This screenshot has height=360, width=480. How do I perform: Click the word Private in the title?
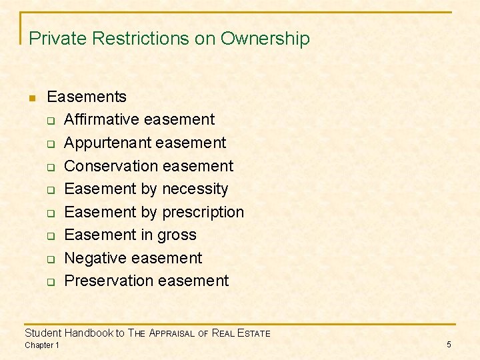[58, 39]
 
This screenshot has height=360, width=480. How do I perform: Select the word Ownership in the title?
[265, 39]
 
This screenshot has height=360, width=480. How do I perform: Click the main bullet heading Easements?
[87, 97]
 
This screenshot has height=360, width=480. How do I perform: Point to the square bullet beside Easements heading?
[32, 98]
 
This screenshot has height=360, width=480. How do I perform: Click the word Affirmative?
[102, 120]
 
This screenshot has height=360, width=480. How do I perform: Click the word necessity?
[195, 189]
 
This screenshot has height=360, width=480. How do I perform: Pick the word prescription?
[203, 212]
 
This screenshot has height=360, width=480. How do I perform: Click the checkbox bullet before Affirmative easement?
[51, 121]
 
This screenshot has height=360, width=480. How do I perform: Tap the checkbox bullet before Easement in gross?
[51, 236]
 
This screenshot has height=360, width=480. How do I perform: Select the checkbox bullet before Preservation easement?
[51, 282]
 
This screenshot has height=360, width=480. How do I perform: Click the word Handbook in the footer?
[89, 333]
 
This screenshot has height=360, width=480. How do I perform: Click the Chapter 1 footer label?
[41, 345]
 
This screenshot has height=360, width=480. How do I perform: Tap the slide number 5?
[449, 345]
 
